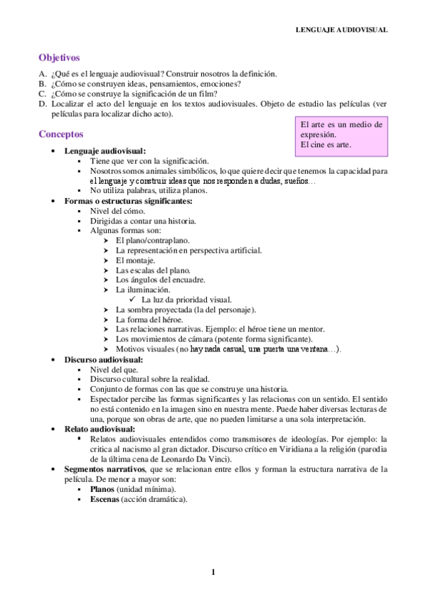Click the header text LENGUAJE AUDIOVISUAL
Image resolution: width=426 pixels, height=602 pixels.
[341, 30]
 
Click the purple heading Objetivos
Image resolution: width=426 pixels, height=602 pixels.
[59, 58]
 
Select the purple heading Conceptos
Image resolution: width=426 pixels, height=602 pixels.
[61, 133]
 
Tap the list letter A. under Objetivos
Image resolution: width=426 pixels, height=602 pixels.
[43, 74]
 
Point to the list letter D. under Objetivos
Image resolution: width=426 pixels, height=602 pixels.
[43, 104]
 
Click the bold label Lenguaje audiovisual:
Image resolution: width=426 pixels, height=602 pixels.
[105, 151]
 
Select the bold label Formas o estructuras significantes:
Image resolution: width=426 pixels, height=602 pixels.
[129, 201]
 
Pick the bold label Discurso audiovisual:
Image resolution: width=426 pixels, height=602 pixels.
[103, 360]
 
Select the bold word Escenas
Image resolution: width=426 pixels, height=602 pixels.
[105, 499]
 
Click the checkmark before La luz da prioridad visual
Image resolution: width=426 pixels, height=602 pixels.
[133, 300]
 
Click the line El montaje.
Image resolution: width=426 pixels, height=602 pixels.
[135, 260]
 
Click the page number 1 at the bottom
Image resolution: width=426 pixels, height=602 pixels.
[213, 573]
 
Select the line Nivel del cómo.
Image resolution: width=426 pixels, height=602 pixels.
[117, 211]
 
